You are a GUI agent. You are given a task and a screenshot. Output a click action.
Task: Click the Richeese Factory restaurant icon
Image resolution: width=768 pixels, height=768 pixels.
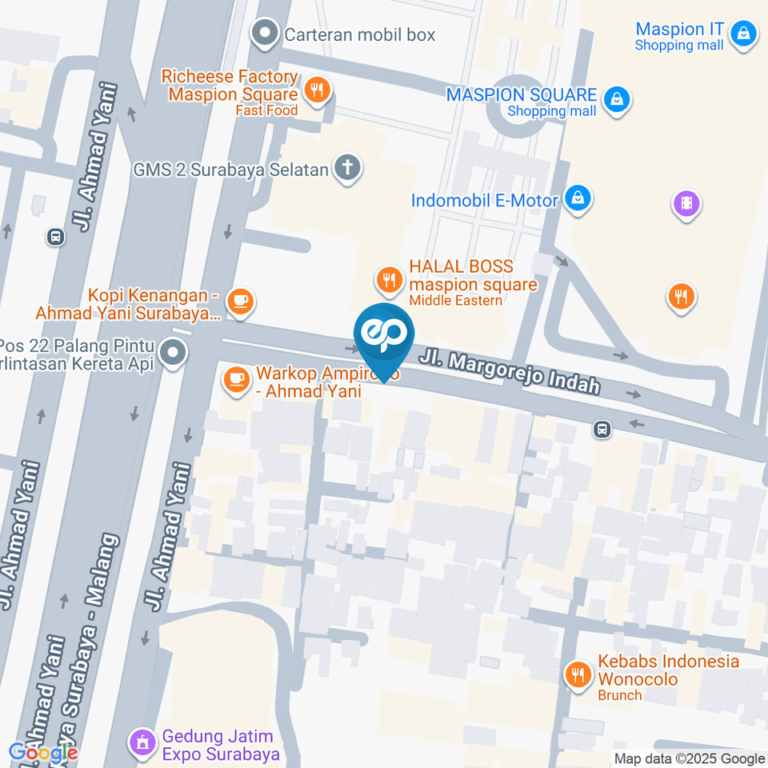click(317, 90)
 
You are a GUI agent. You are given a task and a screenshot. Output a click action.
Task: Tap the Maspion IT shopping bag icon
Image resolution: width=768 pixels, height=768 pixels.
click(744, 34)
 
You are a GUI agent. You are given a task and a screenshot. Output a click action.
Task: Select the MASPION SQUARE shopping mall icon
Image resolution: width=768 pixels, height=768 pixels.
click(617, 99)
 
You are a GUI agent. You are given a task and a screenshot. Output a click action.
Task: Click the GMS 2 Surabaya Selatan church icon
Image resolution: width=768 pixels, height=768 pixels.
click(347, 168)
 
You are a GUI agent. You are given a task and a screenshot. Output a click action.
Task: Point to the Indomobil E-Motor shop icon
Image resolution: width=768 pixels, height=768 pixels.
click(576, 198)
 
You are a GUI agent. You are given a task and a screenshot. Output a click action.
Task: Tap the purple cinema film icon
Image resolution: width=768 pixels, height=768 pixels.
click(686, 203)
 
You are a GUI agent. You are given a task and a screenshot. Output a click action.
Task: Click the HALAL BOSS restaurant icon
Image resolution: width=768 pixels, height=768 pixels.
click(389, 279)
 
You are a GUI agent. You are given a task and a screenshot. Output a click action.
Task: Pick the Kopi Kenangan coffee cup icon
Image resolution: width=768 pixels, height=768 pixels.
click(239, 301)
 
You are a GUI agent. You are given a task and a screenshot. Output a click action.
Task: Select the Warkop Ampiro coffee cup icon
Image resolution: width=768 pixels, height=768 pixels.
click(235, 378)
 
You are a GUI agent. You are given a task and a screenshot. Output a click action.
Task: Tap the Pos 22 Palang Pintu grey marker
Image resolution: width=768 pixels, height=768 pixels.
click(172, 352)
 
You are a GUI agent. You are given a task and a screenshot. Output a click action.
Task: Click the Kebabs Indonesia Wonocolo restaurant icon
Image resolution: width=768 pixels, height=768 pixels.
click(577, 674)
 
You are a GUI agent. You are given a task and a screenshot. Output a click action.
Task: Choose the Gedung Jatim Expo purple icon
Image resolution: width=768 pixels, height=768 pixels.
click(142, 742)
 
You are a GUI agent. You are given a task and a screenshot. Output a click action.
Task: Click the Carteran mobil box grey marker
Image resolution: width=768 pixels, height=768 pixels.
click(262, 34)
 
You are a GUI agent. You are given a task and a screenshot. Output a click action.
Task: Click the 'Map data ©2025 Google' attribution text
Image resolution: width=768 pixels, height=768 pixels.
click(690, 758)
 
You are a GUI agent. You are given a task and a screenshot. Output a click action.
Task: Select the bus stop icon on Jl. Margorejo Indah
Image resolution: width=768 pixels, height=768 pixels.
click(602, 430)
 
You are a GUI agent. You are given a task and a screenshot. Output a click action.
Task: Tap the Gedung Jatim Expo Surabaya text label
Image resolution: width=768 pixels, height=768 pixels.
click(221, 745)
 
